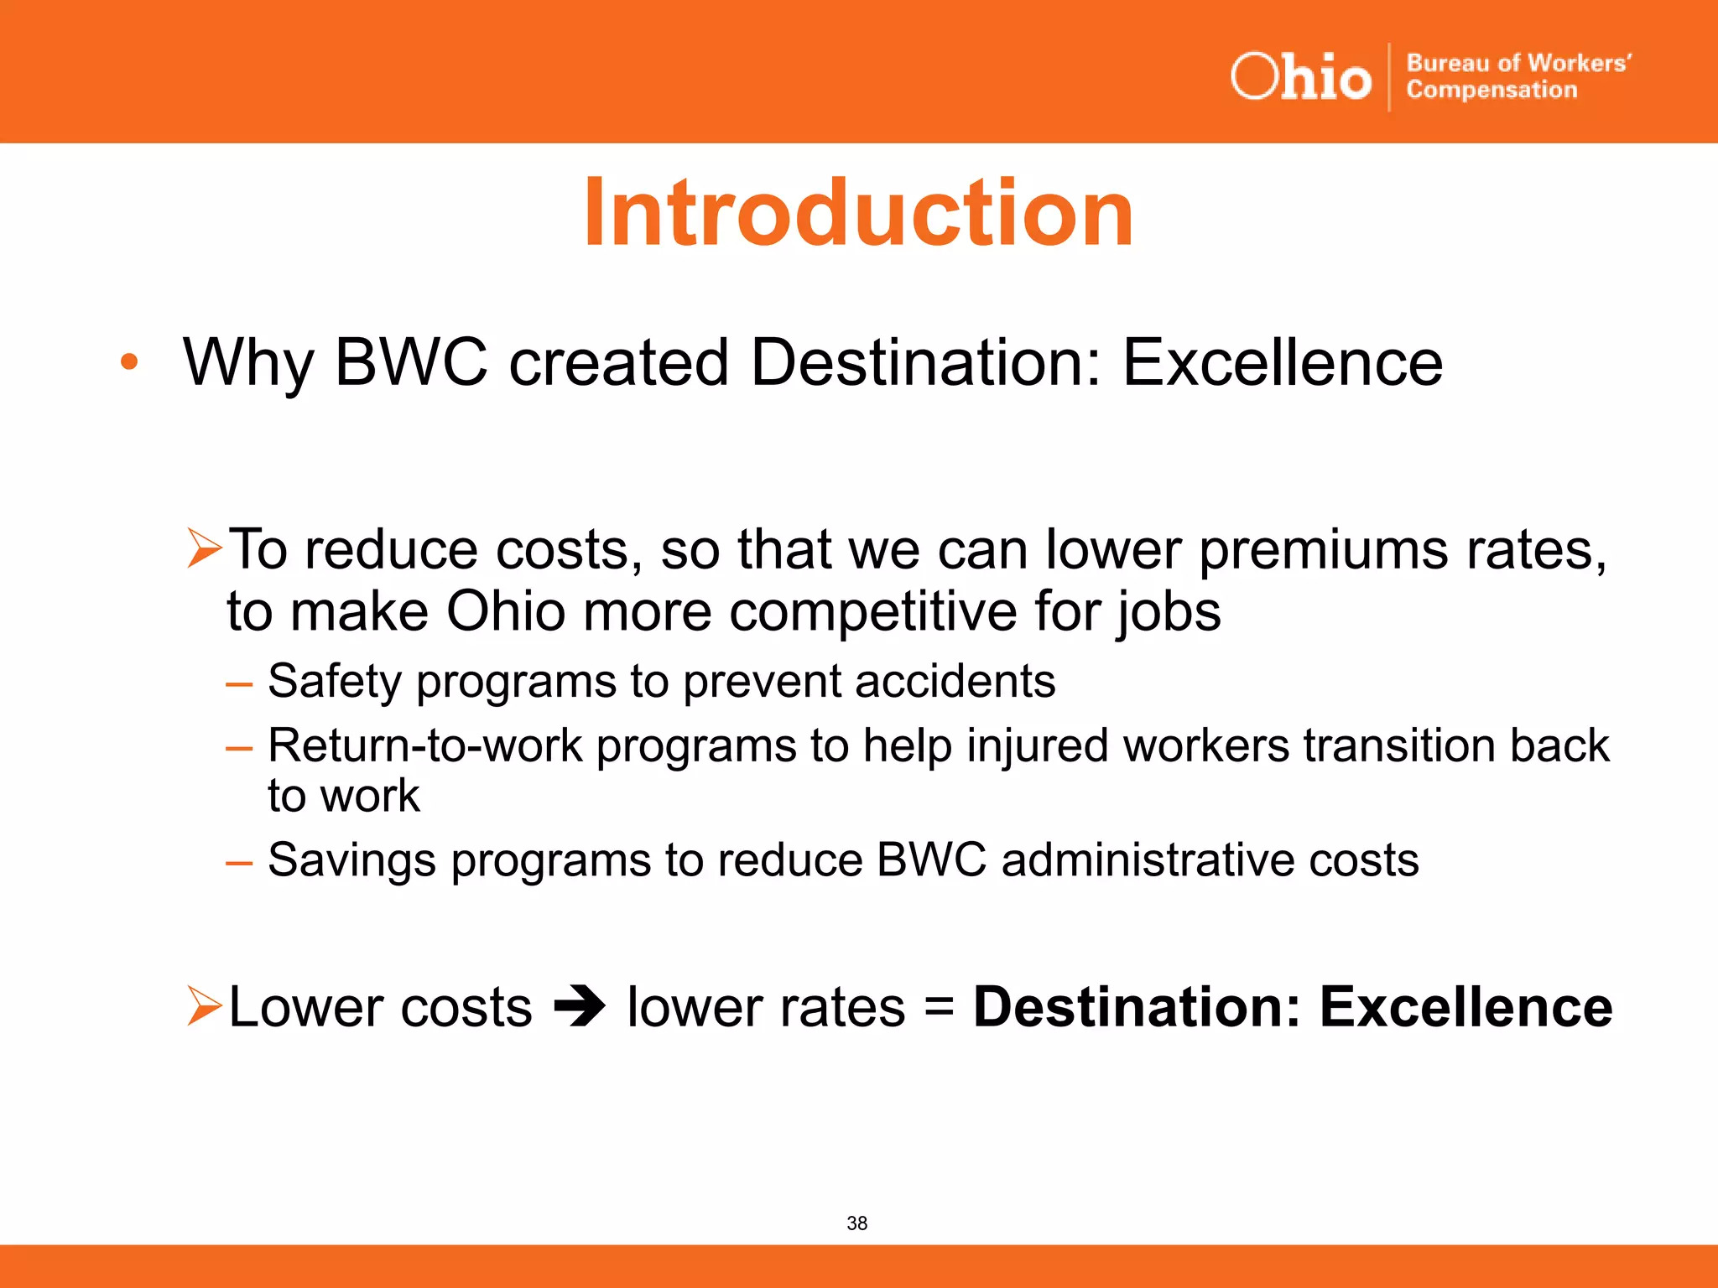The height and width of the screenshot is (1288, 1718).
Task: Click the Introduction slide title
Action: pyautogui.click(x=858, y=213)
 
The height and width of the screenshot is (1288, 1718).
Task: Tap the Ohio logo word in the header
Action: pyautogui.click(x=1300, y=77)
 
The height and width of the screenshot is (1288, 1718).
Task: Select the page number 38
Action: pyautogui.click(x=856, y=1223)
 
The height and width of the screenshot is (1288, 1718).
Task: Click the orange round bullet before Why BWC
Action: pyautogui.click(x=128, y=362)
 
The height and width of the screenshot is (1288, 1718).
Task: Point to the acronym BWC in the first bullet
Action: pyautogui.click(x=411, y=362)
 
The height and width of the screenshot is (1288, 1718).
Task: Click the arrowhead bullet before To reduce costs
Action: pyautogui.click(x=204, y=548)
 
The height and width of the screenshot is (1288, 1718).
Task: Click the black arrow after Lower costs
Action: pyautogui.click(x=579, y=1006)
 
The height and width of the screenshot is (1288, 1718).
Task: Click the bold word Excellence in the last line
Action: pyautogui.click(x=1466, y=1006)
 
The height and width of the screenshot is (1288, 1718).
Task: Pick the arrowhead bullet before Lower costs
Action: pyautogui.click(x=204, y=1005)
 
